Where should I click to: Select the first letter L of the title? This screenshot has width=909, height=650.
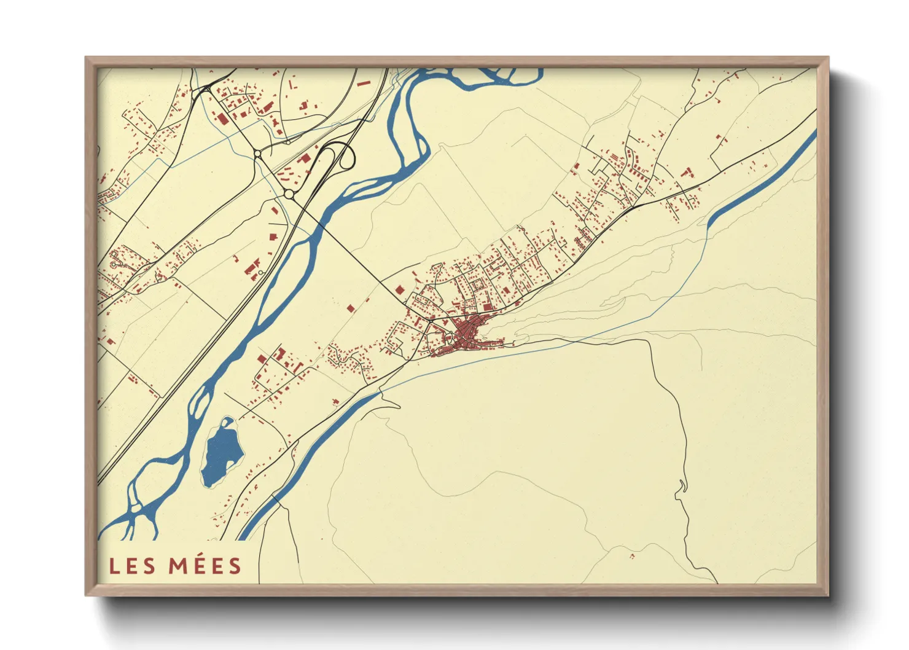pyautogui.click(x=114, y=566)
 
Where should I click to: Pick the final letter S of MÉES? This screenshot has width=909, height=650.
pyautogui.click(x=235, y=566)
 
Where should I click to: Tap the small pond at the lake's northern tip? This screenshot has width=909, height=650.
pyautogui.click(x=228, y=422)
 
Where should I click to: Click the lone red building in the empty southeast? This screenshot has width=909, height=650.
pyautogui.click(x=632, y=556)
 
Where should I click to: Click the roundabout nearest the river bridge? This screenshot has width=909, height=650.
pyautogui.click(x=289, y=194)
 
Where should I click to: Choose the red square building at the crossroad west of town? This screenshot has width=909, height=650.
pyautogui.click(x=400, y=289)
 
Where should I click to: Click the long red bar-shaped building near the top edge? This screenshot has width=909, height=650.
pyautogui.click(x=363, y=82)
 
